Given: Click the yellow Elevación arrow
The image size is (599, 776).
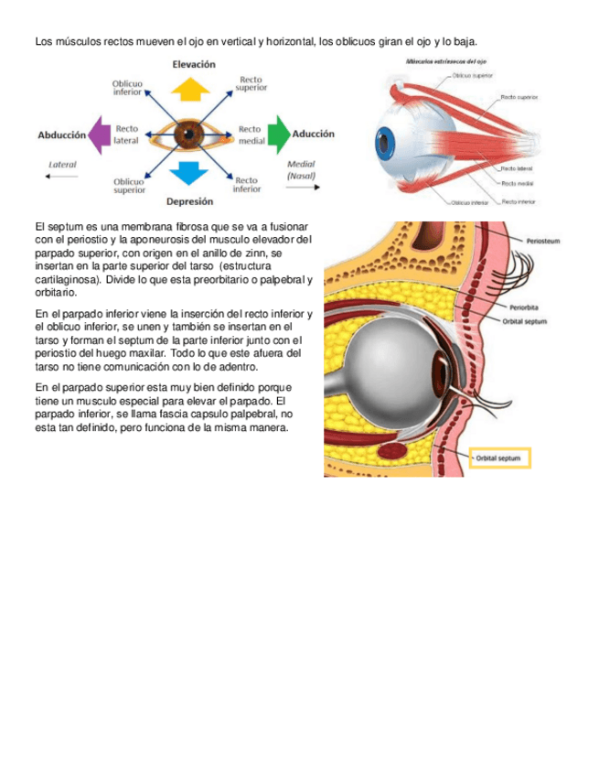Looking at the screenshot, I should (x=190, y=88).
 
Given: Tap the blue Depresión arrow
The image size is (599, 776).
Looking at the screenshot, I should (x=190, y=173).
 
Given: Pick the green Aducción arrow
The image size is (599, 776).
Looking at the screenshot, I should (x=278, y=134).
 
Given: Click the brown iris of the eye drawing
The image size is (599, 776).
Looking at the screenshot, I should (x=190, y=135).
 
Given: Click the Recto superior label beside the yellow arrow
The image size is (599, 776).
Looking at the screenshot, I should (x=251, y=84).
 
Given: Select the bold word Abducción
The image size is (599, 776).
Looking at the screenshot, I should (x=61, y=135).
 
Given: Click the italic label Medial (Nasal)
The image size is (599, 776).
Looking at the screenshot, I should (x=301, y=169).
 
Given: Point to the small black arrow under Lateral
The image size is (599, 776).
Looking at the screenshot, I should (x=62, y=177).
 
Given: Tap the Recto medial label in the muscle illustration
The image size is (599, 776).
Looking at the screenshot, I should (x=518, y=184).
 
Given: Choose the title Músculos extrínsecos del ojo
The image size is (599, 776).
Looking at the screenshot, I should (x=444, y=61).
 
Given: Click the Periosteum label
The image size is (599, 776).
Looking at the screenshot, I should (x=543, y=241).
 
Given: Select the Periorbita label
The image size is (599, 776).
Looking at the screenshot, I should (x=524, y=307).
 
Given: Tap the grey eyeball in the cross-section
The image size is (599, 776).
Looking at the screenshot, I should (x=393, y=362).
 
